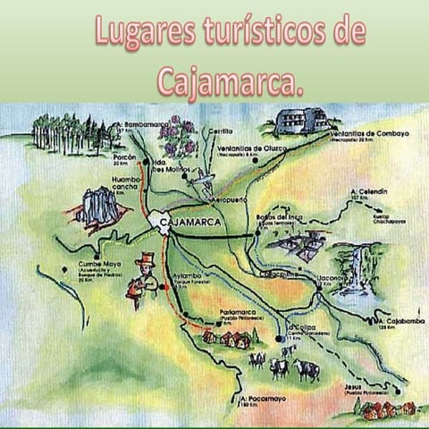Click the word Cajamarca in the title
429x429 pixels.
pyautogui.click(x=231, y=80)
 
